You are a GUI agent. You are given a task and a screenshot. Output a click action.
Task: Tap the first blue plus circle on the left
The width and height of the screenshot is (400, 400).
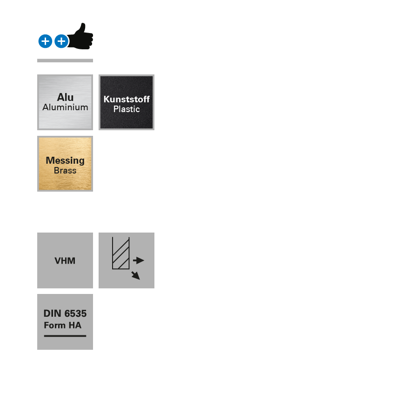click(x=45, y=41)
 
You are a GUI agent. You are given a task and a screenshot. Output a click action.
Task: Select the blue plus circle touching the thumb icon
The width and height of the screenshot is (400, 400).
click(x=61, y=41)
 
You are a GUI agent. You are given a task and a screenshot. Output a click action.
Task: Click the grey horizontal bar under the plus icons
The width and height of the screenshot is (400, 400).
click(x=65, y=60)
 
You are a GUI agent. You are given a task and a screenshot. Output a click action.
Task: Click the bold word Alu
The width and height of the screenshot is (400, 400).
click(x=65, y=97)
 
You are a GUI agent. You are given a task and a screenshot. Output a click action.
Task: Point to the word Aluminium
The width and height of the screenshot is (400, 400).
click(x=65, y=107)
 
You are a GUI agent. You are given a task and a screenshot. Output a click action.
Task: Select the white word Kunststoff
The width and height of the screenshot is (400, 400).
click(x=127, y=99)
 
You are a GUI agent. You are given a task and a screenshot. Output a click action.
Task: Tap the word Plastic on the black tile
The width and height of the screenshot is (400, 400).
click(x=127, y=109)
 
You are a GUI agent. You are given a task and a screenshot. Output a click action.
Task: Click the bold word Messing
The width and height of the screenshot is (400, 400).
click(x=65, y=160)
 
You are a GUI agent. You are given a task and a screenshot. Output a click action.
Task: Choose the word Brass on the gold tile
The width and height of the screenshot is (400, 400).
click(x=65, y=171)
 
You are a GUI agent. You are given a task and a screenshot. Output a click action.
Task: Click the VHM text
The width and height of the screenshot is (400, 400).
click(x=65, y=261)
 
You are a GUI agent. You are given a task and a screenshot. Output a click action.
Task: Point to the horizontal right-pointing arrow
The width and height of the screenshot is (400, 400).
click(x=139, y=260)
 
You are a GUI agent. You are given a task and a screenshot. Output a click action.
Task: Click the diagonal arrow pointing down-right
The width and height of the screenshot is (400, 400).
click(x=135, y=275)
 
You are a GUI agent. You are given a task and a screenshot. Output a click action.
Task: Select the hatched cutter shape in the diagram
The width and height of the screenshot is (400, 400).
click(x=121, y=254)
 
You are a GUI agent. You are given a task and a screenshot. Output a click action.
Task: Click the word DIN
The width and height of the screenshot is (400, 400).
click(x=53, y=313)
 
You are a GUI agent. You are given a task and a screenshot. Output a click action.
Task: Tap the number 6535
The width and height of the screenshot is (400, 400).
click(x=75, y=313)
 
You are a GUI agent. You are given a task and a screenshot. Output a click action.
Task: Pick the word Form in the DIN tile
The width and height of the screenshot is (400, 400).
click(x=54, y=325)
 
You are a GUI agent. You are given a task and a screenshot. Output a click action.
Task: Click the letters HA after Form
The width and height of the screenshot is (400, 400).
click(x=75, y=325)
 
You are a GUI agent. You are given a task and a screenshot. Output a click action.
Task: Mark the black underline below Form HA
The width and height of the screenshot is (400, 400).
click(x=65, y=336)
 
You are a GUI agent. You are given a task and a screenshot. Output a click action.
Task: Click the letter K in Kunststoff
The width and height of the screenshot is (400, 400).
click(x=107, y=99)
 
